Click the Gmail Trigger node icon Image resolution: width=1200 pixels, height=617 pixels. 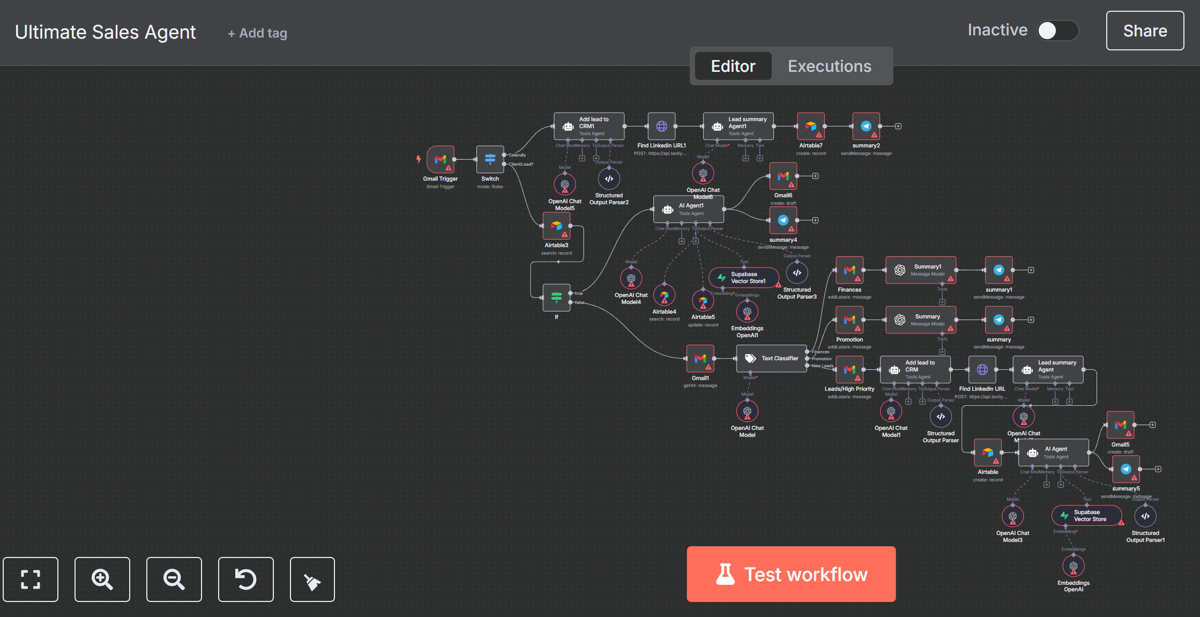[441, 159]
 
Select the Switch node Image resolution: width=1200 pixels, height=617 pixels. [490, 159]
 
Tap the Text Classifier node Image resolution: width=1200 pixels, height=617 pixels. [771, 358]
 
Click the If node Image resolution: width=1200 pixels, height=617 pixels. [556, 297]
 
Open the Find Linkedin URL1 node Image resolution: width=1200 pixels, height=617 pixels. [661, 127]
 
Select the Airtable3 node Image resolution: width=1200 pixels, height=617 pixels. [556, 226]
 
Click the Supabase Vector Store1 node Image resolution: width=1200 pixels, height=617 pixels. [743, 278]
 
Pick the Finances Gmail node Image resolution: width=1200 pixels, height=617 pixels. [849, 270]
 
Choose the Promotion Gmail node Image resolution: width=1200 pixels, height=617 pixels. [849, 320]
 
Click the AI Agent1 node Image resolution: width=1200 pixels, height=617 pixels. [688, 209]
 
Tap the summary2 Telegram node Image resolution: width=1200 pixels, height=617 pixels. [866, 127]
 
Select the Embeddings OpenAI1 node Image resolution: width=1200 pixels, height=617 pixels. [747, 311]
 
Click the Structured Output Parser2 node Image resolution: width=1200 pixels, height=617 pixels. [609, 179]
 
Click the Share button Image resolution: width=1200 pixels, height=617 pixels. [1145, 31]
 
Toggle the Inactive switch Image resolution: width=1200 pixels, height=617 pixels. [1057, 31]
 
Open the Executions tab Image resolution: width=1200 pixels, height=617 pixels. [829, 66]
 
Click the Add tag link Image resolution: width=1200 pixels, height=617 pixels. [258, 33]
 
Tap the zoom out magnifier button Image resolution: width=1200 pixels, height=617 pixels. [174, 579]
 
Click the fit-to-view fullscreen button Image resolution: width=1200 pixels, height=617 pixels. [31, 579]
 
